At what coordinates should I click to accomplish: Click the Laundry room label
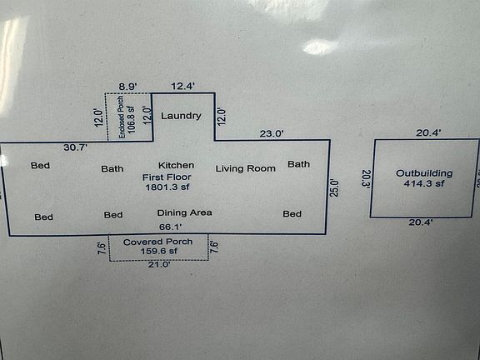[181, 116]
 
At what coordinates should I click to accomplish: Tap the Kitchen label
[176, 165]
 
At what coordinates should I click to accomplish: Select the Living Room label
[246, 168]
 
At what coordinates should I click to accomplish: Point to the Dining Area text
[185, 212]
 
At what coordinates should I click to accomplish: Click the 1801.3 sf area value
[167, 187]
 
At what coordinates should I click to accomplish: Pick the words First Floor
[167, 177]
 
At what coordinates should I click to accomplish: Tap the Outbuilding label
[424, 173]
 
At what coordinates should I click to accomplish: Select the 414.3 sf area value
[424, 183]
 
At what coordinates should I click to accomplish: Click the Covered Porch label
[158, 242]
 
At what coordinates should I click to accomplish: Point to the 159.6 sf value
[159, 252]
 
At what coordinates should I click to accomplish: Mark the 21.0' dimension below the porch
[159, 264]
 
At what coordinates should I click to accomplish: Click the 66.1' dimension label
[170, 227]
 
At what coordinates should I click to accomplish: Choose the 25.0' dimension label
[335, 188]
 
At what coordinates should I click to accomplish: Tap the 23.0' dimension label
[272, 134]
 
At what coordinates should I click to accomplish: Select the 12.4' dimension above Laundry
[183, 87]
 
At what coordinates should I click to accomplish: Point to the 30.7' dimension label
[76, 147]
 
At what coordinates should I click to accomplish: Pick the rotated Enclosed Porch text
[121, 117]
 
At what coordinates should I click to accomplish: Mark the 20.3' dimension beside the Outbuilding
[367, 179]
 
